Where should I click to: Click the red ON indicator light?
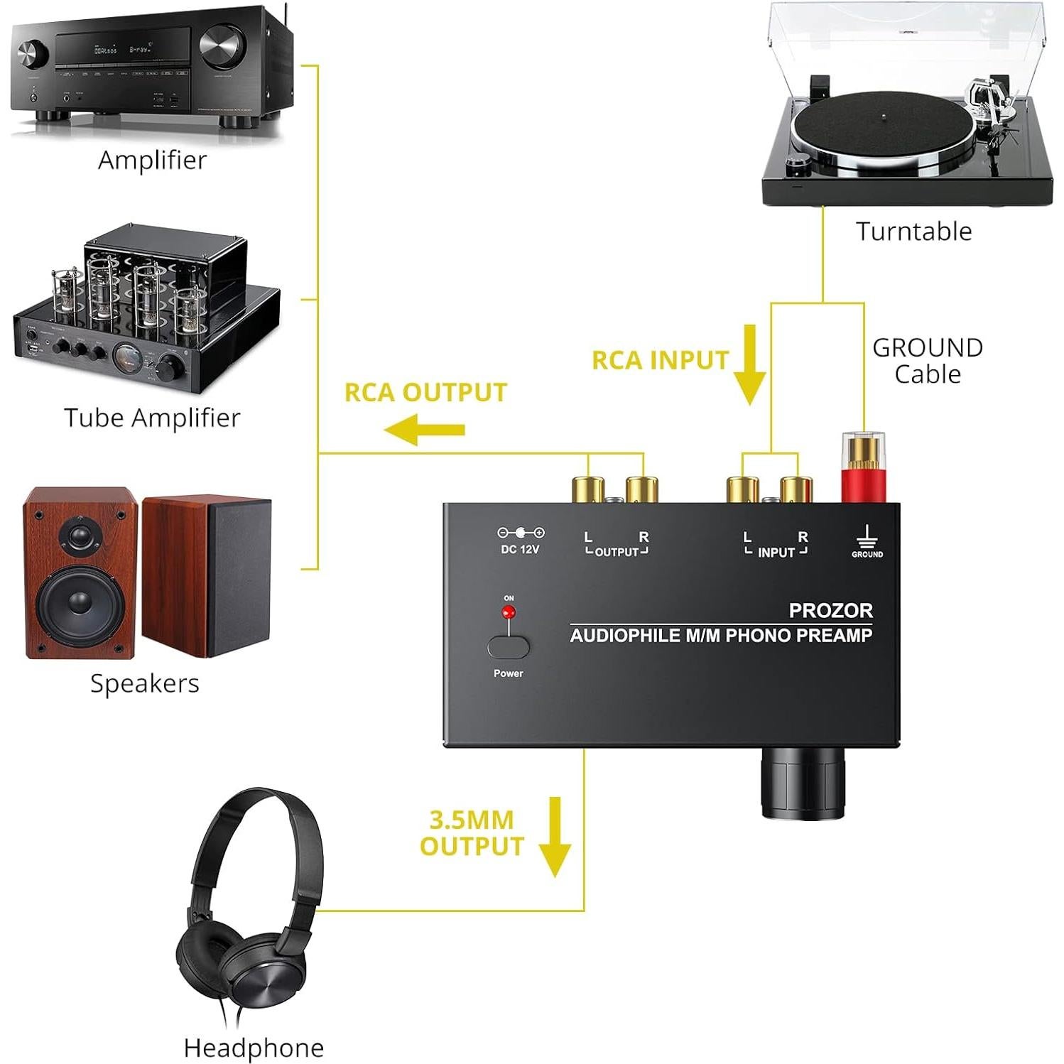(509, 612)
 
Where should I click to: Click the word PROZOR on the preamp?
(830, 610)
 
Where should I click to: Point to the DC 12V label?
(520, 549)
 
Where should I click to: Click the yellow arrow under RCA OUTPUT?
(425, 430)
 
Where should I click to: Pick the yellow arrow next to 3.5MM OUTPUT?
(555, 836)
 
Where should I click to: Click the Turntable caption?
(913, 232)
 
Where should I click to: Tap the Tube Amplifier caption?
(152, 418)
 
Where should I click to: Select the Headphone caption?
(254, 1048)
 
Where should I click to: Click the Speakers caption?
(144, 683)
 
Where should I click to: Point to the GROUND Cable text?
(927, 361)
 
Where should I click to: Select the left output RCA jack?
(587, 489)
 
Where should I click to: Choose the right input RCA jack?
(796, 489)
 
